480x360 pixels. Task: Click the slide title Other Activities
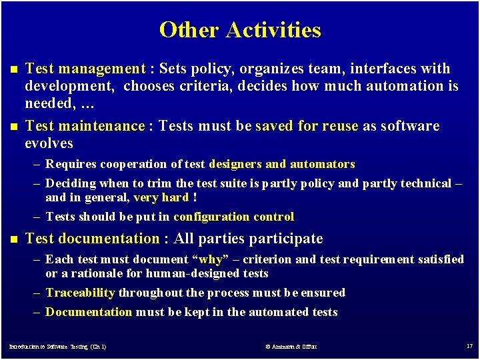[x=240, y=30]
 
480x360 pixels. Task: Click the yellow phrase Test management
[x=85, y=69]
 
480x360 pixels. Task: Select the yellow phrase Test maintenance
[x=85, y=126]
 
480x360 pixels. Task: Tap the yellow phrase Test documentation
[x=92, y=239]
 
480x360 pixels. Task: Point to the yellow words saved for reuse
[x=307, y=126]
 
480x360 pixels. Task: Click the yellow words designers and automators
[x=282, y=164]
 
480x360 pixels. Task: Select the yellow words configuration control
[x=233, y=217]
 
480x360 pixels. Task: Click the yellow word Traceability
[x=81, y=293]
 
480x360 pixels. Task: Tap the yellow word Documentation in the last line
[x=89, y=312]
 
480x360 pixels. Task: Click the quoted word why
[x=211, y=259]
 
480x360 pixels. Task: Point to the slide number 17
[x=469, y=347]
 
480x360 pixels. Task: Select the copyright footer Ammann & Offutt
[x=290, y=347]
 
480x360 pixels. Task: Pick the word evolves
[x=49, y=143]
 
